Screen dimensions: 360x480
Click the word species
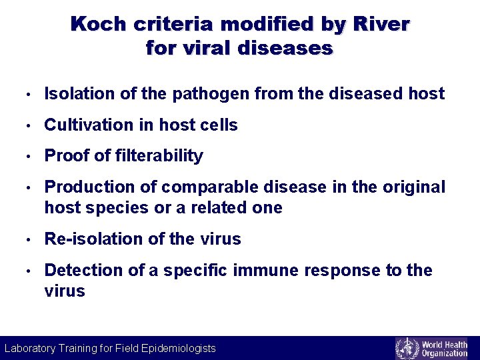coord(117,208)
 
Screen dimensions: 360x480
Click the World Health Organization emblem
coord(406,348)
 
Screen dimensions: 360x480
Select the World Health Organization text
coord(445,348)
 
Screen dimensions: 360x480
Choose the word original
coord(413,187)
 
